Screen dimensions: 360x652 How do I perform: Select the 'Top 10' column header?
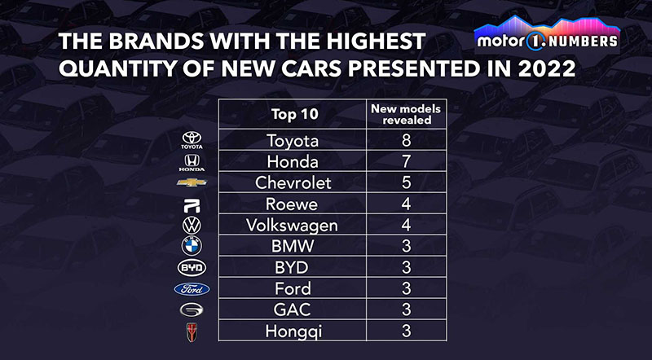coord(293,113)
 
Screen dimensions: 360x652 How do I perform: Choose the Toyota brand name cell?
coord(293,140)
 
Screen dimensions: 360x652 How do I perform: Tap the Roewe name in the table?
coord(293,204)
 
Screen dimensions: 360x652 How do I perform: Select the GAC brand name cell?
coord(293,310)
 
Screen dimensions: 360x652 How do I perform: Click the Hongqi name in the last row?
coord(293,331)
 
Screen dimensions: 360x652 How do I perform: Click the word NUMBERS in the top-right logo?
coord(581,39)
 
